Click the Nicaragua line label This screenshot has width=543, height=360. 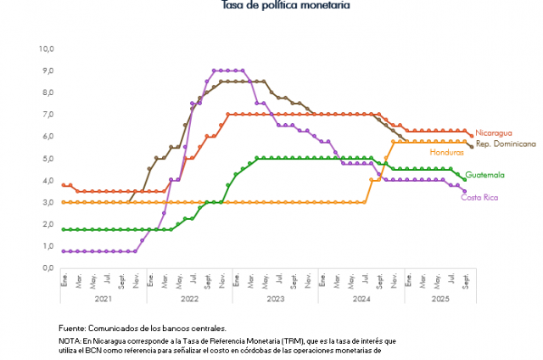[494, 132]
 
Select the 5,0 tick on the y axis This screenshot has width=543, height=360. [48, 158]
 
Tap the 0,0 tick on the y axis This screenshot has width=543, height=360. [48, 267]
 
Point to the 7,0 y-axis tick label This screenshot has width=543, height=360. [48, 114]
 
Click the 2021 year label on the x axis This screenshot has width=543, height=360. [102, 300]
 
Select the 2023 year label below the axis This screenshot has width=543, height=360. [275, 300]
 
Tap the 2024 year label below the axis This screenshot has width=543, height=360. [361, 300]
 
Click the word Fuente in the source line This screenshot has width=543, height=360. [73, 328]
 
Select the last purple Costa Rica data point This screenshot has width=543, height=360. [464, 191]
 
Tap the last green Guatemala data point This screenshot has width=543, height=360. [464, 179]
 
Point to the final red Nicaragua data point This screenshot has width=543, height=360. [472, 135]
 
